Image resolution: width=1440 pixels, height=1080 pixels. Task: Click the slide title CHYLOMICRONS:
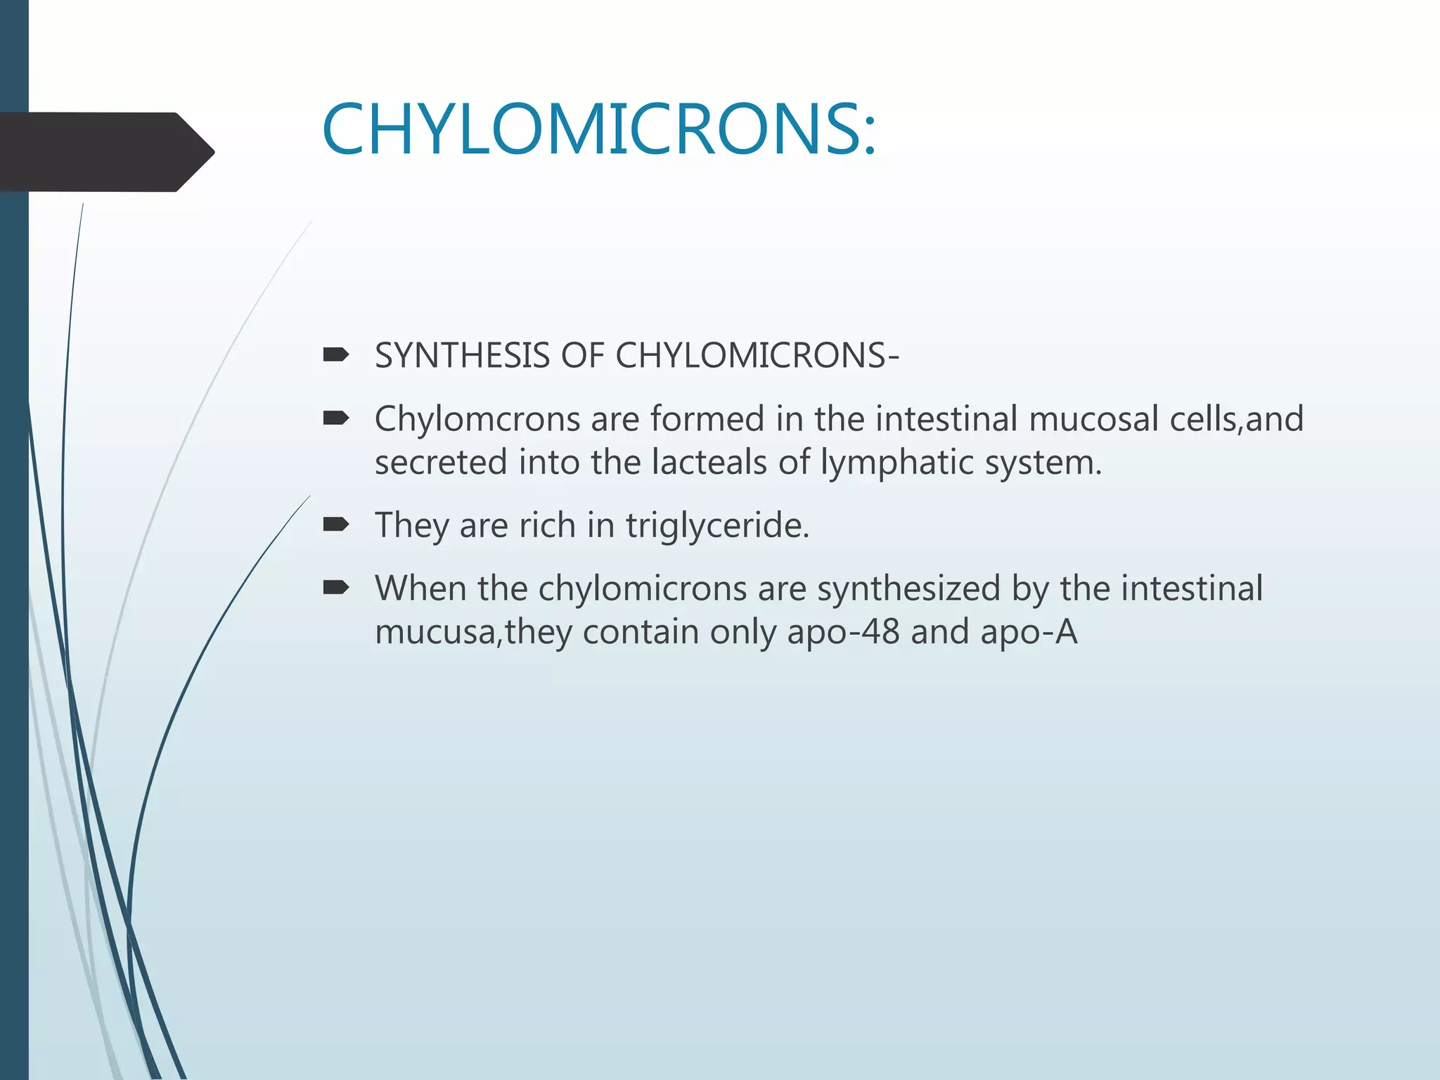click(599, 129)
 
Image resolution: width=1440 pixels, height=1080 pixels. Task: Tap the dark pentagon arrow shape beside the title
click(105, 152)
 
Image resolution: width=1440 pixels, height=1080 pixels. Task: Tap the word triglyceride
click(717, 525)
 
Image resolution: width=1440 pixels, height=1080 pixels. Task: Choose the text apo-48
click(843, 631)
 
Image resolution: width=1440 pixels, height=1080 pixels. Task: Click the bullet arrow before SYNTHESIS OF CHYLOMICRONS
click(336, 356)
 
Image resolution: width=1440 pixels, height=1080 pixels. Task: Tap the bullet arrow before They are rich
click(336, 525)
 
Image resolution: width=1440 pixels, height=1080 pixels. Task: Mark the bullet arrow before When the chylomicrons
click(336, 588)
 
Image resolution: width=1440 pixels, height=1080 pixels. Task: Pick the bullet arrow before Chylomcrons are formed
click(336, 419)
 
